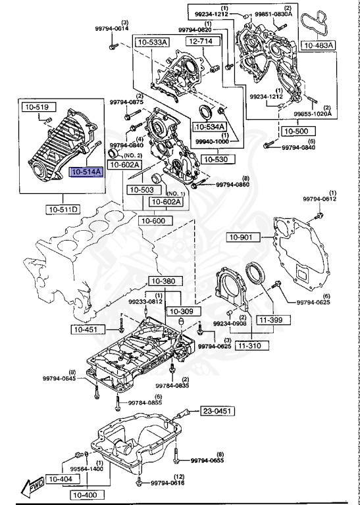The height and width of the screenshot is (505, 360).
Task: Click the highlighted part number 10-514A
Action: tap(87, 172)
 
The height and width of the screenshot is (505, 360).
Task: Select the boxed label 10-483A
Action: tap(319, 45)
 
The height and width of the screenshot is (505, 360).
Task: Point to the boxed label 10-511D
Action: tap(63, 210)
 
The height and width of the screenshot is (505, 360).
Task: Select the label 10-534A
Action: tap(209, 126)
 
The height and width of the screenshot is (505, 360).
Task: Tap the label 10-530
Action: tap(215, 160)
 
